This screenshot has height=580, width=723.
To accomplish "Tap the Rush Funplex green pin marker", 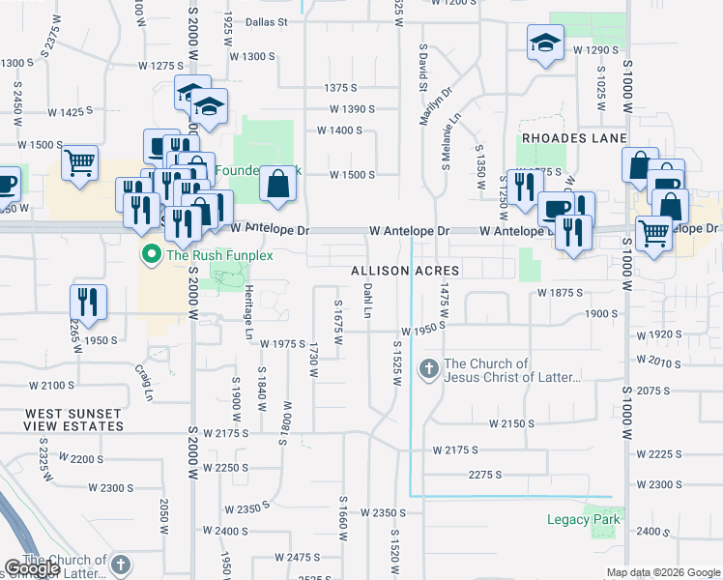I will click(151, 255).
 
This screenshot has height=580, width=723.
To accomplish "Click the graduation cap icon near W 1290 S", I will click(545, 43).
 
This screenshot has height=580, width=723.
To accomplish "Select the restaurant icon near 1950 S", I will click(88, 301).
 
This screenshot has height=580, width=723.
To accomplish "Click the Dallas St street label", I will click(267, 21).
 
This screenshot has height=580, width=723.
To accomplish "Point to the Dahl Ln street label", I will click(367, 300).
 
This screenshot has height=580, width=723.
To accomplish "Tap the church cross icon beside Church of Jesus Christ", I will click(429, 369).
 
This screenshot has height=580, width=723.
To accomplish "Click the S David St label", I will click(423, 68).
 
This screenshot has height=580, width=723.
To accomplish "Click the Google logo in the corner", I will click(32, 568).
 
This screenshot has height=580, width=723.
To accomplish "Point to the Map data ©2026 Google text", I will click(664, 572).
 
